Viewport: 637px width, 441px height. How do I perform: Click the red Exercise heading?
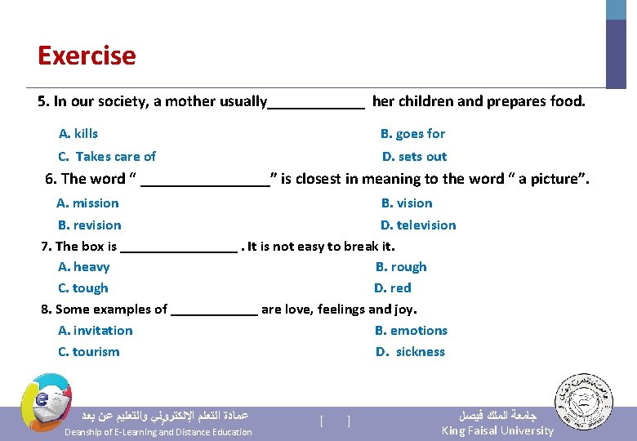point(87,56)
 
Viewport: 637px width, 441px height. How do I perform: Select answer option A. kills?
point(78,133)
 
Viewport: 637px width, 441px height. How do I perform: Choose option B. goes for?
point(412,133)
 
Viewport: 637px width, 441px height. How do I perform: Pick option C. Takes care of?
point(107,156)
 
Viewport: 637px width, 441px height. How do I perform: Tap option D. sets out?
point(414,156)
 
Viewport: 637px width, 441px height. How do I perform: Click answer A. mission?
point(87,203)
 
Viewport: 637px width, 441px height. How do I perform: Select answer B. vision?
point(407,203)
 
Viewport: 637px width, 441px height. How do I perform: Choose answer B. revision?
point(89,225)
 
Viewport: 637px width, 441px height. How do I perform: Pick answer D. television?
point(418,225)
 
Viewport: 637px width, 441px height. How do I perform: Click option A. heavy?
point(83,266)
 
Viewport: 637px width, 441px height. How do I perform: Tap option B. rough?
point(401,266)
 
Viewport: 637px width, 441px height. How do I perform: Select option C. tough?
point(82,287)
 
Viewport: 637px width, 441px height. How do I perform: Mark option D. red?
point(393,287)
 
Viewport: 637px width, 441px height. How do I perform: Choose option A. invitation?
point(95,330)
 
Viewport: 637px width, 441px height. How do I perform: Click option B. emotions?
point(411,330)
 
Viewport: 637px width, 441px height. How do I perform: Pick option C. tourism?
point(88,351)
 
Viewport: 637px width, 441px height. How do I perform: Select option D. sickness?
point(410,351)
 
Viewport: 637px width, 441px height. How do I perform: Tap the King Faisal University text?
point(497,430)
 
